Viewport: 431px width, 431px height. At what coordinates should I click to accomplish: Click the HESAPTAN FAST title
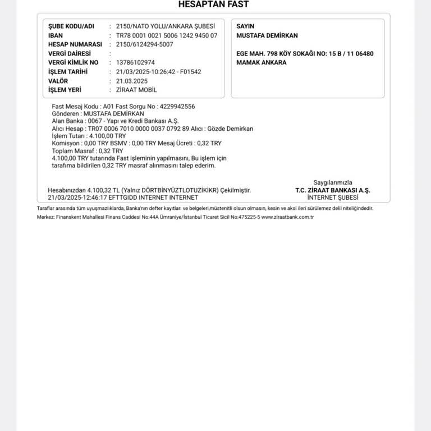(213, 4)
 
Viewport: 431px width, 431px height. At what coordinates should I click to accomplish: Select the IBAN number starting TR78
(167, 35)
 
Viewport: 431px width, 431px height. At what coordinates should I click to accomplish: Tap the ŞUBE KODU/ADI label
(71, 26)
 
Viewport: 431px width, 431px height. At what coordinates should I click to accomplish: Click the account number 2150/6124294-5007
(144, 44)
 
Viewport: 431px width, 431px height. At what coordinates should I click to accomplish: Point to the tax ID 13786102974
(135, 63)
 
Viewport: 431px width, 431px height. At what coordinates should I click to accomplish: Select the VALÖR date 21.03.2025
(132, 81)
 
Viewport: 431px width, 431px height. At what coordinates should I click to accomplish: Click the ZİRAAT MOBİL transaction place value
(136, 90)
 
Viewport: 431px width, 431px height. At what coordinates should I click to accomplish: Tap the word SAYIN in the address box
(245, 26)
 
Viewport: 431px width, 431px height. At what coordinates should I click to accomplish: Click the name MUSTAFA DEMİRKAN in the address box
(267, 35)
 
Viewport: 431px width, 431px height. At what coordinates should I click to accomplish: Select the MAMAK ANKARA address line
(262, 62)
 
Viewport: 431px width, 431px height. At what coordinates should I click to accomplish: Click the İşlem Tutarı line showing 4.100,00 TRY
(89, 136)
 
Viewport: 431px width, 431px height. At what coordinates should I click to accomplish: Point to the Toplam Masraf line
(87, 151)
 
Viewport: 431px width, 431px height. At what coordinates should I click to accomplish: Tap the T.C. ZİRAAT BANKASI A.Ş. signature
(333, 190)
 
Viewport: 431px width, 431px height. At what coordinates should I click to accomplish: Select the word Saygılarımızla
(333, 182)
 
